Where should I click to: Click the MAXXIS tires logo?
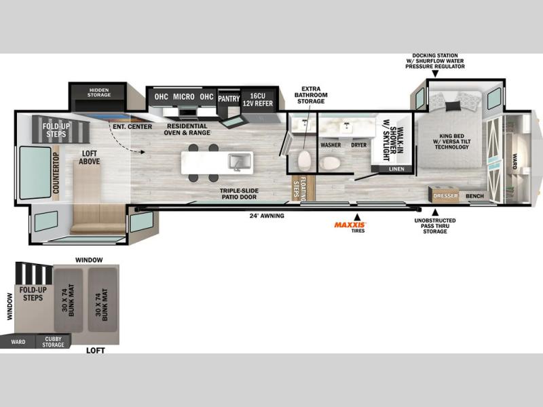coord(350,225)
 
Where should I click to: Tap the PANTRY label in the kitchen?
coord(229,98)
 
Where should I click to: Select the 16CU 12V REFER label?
coord(258,100)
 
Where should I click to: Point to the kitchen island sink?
coord(240,161)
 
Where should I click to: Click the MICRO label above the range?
coord(183,97)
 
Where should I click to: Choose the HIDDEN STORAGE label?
coord(99,92)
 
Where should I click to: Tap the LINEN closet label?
coord(396,169)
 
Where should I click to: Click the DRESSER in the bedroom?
coord(445,195)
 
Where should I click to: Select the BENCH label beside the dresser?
coord(474,196)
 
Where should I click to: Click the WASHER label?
coord(331,145)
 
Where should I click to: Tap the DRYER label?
coord(359,145)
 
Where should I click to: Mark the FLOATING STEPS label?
coord(299,189)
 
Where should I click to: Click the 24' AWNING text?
coord(267,216)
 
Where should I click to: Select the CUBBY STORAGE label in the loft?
coord(54,342)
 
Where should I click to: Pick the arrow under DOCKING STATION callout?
coord(435,74)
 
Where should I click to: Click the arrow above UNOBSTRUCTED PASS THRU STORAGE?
coord(435,212)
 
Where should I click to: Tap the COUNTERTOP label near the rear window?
coord(56,173)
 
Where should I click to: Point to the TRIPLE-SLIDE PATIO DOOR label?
coord(239,194)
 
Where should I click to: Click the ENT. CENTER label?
coord(132,127)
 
